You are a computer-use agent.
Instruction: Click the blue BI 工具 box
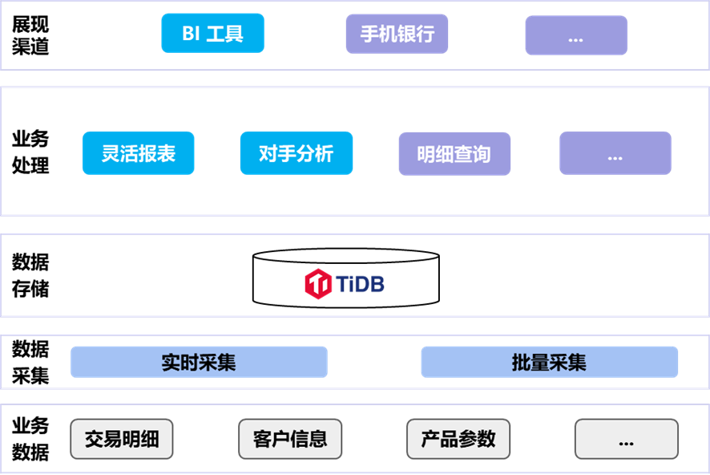coord(212,34)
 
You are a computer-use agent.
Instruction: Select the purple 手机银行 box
coord(397,34)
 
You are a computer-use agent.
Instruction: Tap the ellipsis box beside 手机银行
coord(576,35)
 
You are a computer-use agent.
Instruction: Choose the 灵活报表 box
coord(138,152)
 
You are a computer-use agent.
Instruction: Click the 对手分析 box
coord(296,152)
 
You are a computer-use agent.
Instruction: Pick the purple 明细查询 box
coord(454,153)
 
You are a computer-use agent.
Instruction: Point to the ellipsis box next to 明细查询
coord(615,153)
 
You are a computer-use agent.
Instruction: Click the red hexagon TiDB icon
coord(318,283)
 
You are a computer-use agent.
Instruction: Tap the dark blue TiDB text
coord(360,284)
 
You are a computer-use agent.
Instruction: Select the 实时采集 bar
coord(199,362)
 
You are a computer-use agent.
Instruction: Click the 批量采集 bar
coord(549,362)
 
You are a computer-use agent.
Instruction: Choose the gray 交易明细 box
coord(122,439)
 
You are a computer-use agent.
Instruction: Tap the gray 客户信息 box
coord(290,439)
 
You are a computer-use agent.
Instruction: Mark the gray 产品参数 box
coord(458,439)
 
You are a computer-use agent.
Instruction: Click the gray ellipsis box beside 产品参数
coord(626,439)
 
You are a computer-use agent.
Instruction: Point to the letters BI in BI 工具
coord(191,35)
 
